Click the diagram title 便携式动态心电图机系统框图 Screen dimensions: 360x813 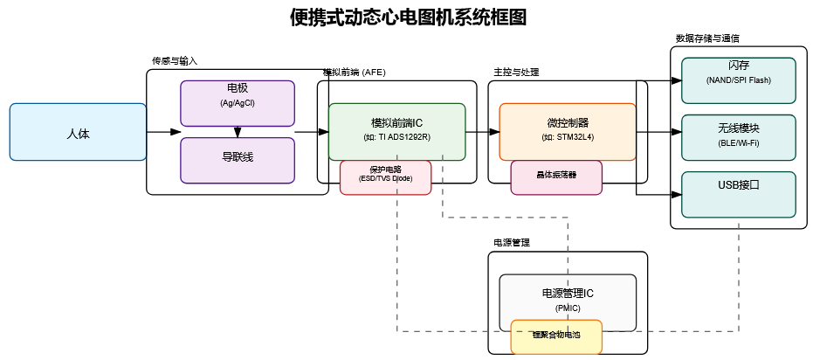click(x=408, y=18)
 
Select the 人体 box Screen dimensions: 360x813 click(x=78, y=132)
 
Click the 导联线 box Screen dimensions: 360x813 click(x=237, y=160)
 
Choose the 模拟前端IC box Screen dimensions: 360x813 click(x=396, y=131)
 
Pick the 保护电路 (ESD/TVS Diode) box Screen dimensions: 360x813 click(x=385, y=177)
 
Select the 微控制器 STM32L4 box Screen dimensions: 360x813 click(x=568, y=131)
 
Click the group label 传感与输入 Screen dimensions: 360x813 click(x=175, y=61)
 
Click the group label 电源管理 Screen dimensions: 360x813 click(x=512, y=243)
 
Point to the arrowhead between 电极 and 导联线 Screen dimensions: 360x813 click(x=237, y=134)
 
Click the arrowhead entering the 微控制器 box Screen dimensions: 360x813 click(x=494, y=132)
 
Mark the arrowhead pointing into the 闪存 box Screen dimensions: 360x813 click(x=677, y=80)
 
